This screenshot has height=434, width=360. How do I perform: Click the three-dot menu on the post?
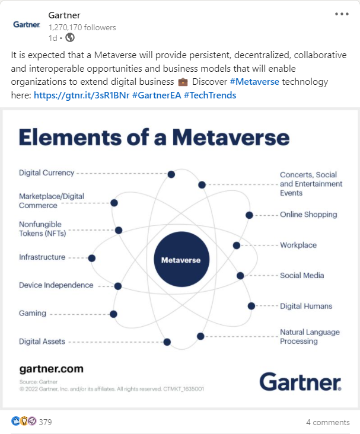pos(342,14)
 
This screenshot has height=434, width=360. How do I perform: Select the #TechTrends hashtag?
pos(211,95)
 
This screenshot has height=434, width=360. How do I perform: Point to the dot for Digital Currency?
pos(171,174)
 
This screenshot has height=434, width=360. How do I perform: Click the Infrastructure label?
pos(42,257)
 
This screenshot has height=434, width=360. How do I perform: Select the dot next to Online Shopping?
pos(249,215)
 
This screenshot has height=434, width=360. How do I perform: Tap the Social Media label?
pos(302,276)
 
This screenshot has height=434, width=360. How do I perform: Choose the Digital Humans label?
pos(306,306)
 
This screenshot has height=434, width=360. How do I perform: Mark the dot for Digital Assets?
pos(167,342)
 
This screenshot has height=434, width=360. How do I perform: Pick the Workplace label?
pos(298,245)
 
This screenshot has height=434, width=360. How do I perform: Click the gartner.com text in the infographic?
pos(52,369)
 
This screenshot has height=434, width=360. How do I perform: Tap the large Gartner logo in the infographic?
pos(300,381)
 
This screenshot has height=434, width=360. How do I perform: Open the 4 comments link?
pos(327,422)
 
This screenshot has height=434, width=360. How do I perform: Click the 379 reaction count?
pos(45,422)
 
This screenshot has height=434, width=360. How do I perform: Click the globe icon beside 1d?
pos(70,38)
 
